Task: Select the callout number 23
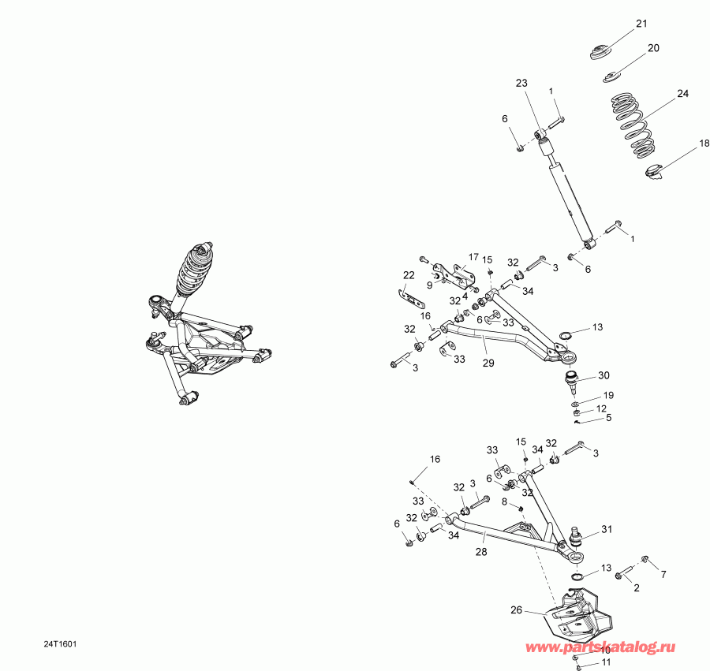click(521, 83)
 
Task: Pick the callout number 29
click(488, 363)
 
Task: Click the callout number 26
click(517, 609)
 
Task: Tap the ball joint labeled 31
click(577, 539)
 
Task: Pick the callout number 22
click(409, 275)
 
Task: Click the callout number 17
click(473, 257)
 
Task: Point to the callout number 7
click(663, 574)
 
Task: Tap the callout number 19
click(608, 394)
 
